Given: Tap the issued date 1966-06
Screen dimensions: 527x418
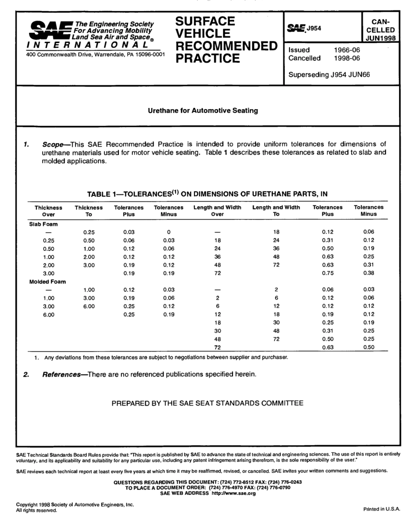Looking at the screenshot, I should click(347, 50).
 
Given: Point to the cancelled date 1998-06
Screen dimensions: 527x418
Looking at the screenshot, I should click(347, 58).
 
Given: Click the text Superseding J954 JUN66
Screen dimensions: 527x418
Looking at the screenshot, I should click(329, 74).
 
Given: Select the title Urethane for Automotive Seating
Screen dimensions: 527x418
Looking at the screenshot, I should click(203, 110).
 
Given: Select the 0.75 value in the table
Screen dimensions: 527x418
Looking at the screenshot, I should click(327, 273).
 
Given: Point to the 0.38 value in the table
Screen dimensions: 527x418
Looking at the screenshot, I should click(369, 273).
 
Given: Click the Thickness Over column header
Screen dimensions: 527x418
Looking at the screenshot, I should click(48, 211).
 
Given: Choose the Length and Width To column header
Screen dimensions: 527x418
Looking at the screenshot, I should click(276, 211).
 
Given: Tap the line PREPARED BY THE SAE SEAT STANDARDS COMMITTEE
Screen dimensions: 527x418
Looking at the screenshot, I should click(207, 403).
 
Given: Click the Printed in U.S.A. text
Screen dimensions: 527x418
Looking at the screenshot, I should click(381, 509).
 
